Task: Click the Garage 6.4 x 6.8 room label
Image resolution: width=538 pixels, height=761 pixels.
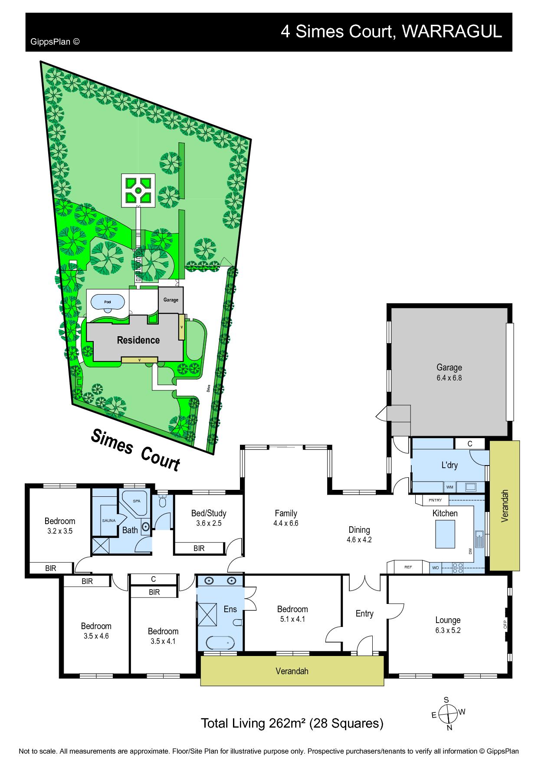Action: [449, 372]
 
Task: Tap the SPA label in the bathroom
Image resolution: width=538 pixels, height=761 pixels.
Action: [137, 501]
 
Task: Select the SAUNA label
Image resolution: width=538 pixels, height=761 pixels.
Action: [108, 521]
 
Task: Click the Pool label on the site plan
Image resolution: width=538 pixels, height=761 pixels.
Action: [107, 302]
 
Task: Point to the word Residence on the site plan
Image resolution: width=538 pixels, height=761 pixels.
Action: [138, 340]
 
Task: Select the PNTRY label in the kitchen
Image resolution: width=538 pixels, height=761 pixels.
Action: [435, 500]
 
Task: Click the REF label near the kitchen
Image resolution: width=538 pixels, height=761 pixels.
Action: [408, 567]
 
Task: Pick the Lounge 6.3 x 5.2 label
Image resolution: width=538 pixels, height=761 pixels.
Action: [448, 625]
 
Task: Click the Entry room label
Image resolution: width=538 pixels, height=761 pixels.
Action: [364, 613]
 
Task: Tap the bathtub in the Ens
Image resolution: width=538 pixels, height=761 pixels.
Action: [220, 642]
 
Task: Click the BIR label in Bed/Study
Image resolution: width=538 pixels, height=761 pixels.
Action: [199, 548]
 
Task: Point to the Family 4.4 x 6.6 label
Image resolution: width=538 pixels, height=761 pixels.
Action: [285, 518]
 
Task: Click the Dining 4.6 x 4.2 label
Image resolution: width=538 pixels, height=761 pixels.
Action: [359, 535]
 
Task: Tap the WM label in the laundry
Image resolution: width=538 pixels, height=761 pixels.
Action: [449, 487]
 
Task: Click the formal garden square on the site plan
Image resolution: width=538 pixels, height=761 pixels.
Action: [138, 190]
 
